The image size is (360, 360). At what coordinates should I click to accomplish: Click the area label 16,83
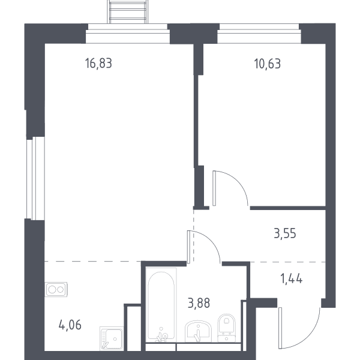(98, 64)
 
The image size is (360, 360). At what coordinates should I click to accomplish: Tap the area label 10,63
(268, 64)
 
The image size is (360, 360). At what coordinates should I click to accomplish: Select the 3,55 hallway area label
(285, 233)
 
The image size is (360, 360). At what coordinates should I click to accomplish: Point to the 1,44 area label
(292, 279)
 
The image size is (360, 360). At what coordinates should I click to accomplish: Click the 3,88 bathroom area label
(199, 303)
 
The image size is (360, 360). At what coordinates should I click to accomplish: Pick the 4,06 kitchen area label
(70, 325)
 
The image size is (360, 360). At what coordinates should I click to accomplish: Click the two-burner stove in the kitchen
(56, 289)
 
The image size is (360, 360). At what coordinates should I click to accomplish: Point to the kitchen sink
(112, 338)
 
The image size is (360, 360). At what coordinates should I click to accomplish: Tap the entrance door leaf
(280, 328)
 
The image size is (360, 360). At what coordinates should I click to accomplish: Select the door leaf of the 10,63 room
(214, 188)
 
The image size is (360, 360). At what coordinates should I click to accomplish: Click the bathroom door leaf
(189, 247)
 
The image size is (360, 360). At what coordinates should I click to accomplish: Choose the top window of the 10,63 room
(259, 34)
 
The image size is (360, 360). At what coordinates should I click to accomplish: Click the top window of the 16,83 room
(128, 34)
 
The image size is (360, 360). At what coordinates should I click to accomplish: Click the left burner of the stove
(52, 290)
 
